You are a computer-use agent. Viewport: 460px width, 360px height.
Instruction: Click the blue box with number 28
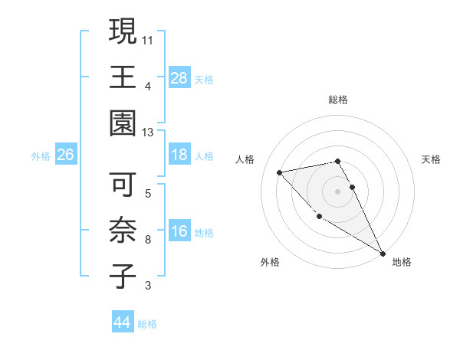pos(179,78)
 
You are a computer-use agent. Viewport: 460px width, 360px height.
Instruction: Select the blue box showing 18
pos(179,155)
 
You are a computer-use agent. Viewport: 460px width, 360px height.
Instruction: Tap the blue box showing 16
pos(179,232)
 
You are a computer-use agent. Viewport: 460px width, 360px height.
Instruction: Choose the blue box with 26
pos(66,155)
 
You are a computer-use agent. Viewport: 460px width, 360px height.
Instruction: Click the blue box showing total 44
pos(123,323)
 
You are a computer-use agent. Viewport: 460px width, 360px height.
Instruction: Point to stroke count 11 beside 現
pos(148,38)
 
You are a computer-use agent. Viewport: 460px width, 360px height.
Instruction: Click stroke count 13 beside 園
pos(148,132)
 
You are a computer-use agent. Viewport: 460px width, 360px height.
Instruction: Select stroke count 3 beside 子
pos(148,286)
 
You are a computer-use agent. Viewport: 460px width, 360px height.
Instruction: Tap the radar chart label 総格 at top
pos(337,100)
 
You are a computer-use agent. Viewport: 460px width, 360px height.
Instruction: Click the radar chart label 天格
pos(431,159)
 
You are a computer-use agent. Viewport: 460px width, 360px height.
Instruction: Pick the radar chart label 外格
pos(270,262)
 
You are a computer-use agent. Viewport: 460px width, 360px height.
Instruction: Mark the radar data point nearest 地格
pos(383,253)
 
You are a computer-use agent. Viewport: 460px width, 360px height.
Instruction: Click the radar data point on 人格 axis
pos(280,172)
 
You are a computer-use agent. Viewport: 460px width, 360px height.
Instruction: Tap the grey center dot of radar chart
pos(337,191)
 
